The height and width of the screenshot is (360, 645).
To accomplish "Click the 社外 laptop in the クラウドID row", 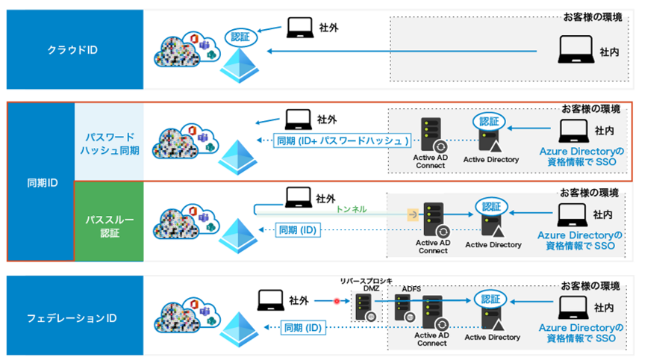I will coord(299,28).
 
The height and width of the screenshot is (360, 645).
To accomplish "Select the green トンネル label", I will coord(352,210).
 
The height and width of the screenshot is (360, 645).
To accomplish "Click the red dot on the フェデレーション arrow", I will coord(336,302).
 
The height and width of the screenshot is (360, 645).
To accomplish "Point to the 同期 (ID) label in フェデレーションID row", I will coord(302,326).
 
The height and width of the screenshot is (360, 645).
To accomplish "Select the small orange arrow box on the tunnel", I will coord(411,214).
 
